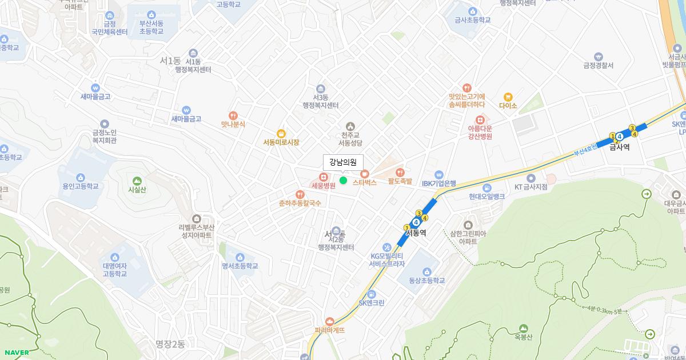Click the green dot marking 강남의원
tap(343, 181)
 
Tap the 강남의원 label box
tap(343, 162)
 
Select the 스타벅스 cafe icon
tap(365, 174)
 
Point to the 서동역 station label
tap(416, 233)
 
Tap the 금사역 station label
tap(619, 147)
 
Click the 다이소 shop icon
tap(508, 97)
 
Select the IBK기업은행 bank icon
tap(438, 174)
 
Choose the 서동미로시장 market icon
tap(281, 133)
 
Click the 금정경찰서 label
tap(598, 65)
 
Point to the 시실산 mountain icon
tap(137, 181)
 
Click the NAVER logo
tap(17, 353)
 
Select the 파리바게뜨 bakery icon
tap(329, 321)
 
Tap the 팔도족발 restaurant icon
tap(400, 172)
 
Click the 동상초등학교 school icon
tap(426, 271)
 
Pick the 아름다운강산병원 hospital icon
tap(480, 119)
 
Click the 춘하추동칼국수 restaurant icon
tap(300, 194)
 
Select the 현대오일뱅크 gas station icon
tap(486, 187)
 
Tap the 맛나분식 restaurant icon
tap(233, 115)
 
